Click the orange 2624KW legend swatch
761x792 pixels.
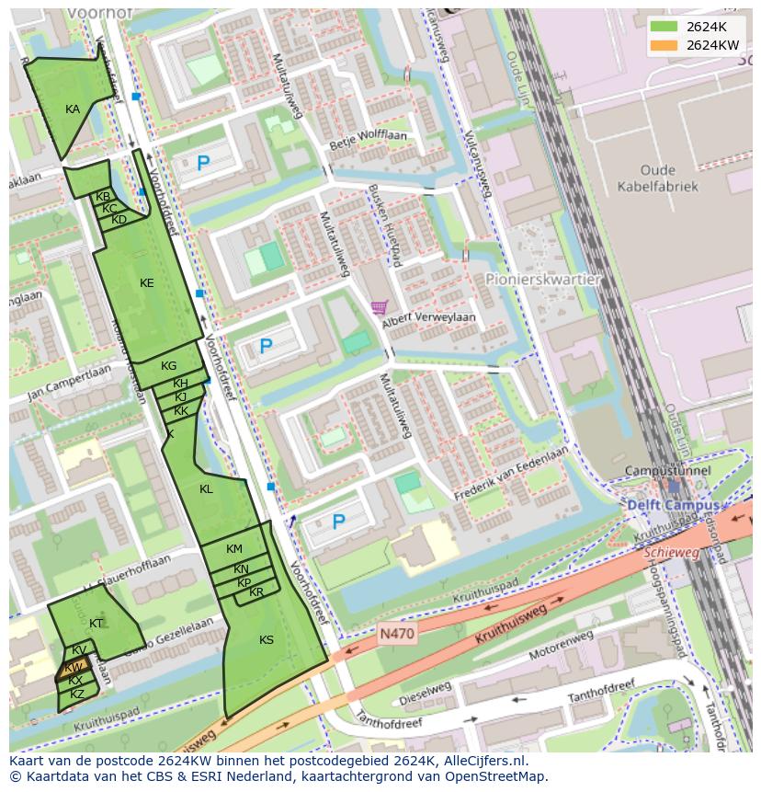click(x=664, y=44)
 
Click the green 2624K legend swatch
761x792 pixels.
click(x=664, y=27)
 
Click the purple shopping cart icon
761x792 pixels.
click(x=378, y=307)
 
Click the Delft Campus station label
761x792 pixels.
click(x=665, y=505)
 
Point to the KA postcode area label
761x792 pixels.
click(x=73, y=109)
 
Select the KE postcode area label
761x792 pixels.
click(x=146, y=282)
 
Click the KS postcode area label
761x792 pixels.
click(x=267, y=639)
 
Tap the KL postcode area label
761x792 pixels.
click(x=206, y=488)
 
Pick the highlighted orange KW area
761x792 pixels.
click(x=74, y=667)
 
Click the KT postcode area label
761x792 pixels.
click(x=97, y=623)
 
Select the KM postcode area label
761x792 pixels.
click(x=234, y=549)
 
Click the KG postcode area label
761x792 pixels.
click(x=168, y=365)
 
